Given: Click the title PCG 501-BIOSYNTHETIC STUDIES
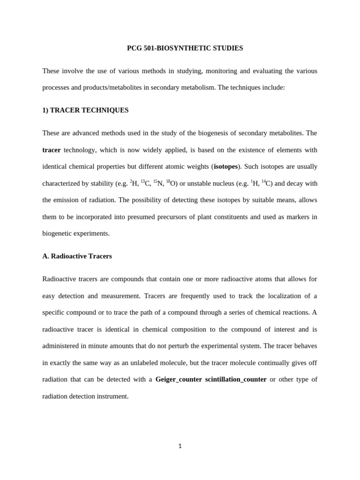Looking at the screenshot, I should tap(185, 48).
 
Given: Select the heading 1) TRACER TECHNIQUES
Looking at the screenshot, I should tap(85, 110).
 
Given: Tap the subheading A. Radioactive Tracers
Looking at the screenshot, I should tap(77, 256).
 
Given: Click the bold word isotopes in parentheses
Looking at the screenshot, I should tap(226, 167).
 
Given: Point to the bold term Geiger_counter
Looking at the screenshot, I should tap(179, 380).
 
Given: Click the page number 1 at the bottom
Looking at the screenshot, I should tap(180, 446).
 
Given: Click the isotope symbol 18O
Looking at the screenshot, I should tap(171, 183).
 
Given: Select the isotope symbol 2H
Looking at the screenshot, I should tap(134, 183).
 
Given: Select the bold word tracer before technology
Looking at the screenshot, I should tap(52, 150).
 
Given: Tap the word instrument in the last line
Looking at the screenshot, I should tap(112, 396).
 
